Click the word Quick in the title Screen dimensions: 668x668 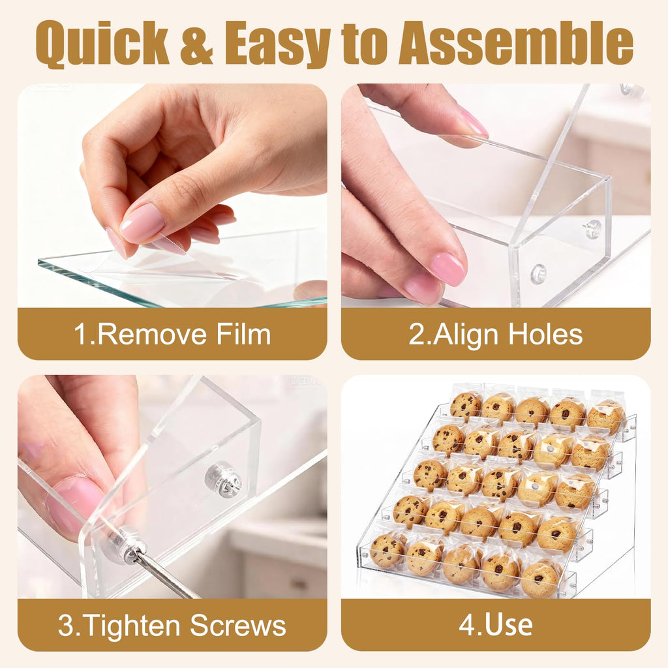coord(102,42)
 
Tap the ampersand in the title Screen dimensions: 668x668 coord(196,44)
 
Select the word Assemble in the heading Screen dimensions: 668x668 coord(516,42)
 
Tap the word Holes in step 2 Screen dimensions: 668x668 coord(545,334)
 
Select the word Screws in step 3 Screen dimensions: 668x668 coord(237,626)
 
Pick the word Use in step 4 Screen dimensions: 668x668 coord(509,625)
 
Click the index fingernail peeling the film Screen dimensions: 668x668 coord(142,222)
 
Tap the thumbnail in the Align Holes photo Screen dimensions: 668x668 coord(448,269)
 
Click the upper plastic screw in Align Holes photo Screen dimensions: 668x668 coord(592,228)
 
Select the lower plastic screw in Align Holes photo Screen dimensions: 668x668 coord(538,273)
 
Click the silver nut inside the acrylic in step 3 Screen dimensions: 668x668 coord(223,479)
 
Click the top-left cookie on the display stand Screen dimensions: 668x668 coord(466,406)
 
